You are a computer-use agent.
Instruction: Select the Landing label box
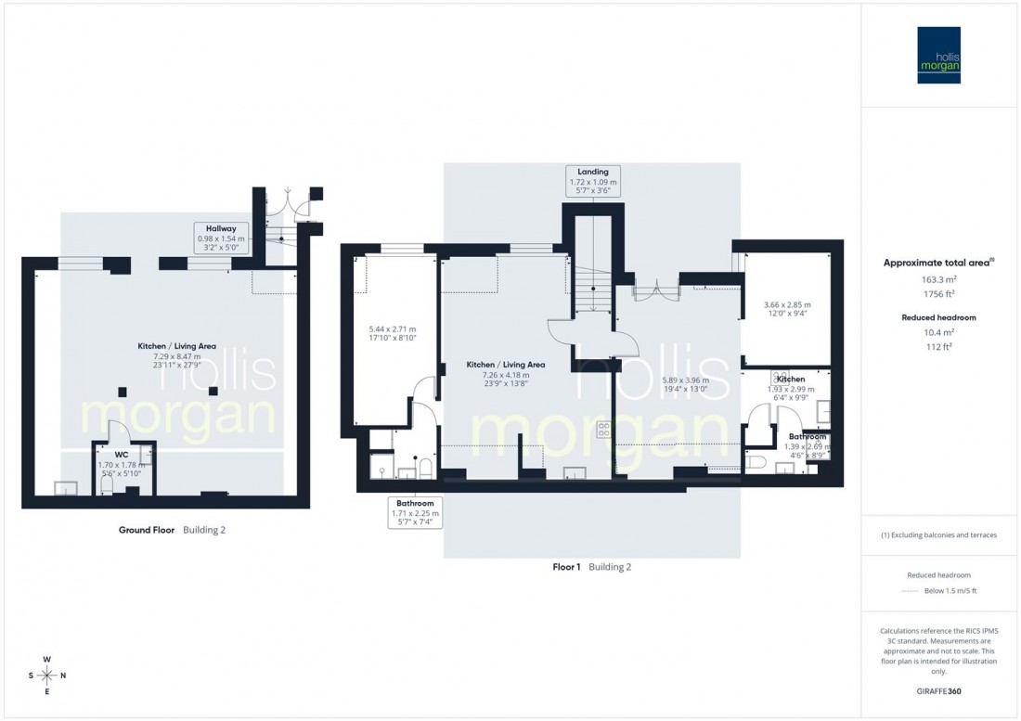(593, 178)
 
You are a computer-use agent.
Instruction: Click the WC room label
(122, 456)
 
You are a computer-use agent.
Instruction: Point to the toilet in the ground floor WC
(107, 485)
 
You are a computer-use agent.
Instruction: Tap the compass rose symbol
(47, 675)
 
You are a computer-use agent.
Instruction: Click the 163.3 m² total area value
(939, 278)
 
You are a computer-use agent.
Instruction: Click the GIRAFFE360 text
(939, 692)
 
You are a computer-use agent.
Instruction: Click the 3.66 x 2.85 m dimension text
(786, 304)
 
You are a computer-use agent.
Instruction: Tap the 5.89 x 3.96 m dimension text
(685, 380)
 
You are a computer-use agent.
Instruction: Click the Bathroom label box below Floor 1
(415, 511)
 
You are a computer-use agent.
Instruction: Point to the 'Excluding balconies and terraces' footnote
(939, 535)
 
